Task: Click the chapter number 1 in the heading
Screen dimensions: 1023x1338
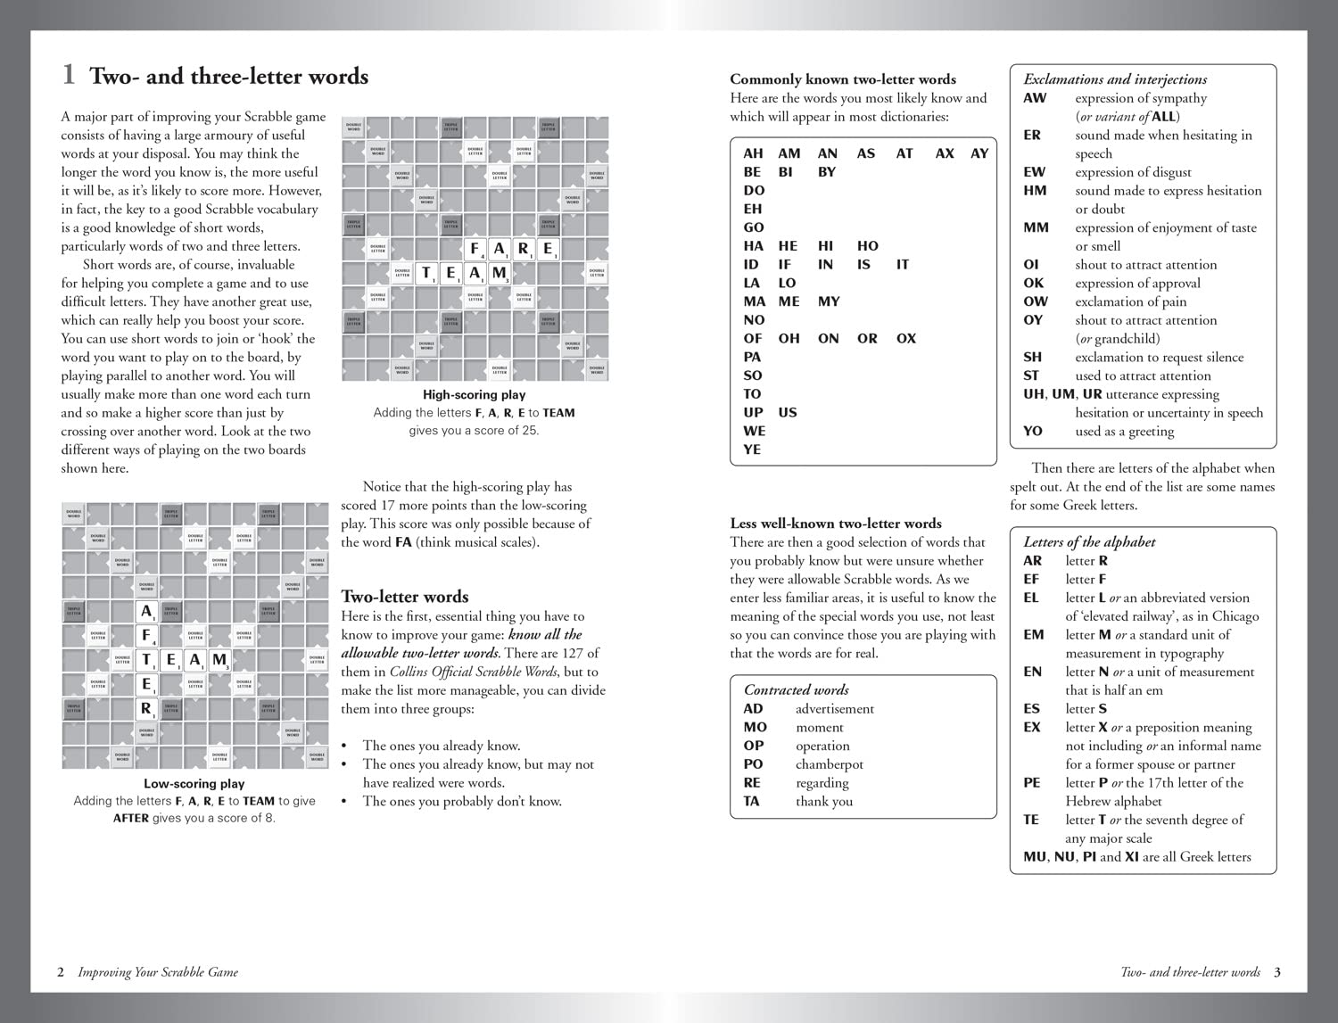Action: (68, 75)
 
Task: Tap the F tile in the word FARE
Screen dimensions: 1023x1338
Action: (475, 249)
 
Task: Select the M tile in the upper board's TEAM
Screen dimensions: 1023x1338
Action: (499, 273)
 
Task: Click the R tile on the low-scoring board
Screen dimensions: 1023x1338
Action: (146, 709)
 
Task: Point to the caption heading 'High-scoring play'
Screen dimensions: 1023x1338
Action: (474, 394)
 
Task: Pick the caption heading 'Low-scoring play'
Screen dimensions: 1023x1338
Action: (194, 783)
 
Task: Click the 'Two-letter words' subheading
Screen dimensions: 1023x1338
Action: (404, 597)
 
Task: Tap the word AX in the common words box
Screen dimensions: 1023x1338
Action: (944, 153)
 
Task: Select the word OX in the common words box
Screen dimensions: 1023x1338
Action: (905, 338)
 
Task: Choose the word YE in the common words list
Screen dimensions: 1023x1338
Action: (752, 450)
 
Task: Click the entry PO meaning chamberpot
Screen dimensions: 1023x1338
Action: (754, 764)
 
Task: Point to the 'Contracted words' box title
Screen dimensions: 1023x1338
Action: (796, 689)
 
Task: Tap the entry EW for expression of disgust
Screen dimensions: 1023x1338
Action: (1034, 172)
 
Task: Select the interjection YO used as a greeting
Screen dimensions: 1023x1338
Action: (1032, 431)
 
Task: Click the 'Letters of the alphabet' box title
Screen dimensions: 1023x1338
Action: (1088, 541)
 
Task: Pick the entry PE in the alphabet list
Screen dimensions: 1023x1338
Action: (1031, 783)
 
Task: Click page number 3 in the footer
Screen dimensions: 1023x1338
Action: (1276, 972)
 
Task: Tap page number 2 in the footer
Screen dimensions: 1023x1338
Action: (61, 972)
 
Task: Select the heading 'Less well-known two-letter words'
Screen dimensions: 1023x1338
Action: (835, 524)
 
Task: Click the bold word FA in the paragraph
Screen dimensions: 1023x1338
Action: (403, 542)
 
